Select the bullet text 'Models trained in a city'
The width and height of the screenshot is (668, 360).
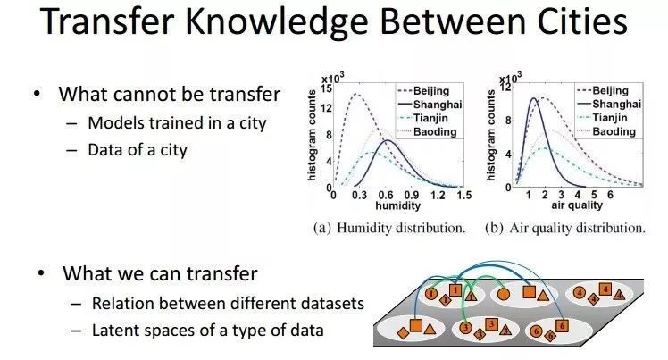click(177, 123)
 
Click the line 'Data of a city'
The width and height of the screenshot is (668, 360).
click(138, 150)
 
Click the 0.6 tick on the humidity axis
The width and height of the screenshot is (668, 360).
click(386, 195)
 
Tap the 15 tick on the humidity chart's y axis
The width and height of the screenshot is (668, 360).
click(326, 88)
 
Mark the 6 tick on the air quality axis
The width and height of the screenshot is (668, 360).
click(610, 195)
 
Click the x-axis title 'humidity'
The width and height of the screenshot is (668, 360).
click(397, 205)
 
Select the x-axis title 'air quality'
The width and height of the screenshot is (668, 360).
click(577, 205)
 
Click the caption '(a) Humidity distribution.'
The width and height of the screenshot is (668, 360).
click(389, 229)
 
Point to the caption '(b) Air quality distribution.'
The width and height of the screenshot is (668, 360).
click(565, 229)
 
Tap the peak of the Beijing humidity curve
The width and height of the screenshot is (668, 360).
click(355, 94)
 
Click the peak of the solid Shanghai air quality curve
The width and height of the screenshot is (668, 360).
click(533, 98)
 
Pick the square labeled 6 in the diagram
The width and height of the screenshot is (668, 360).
click(563, 326)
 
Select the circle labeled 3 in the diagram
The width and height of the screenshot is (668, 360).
click(466, 328)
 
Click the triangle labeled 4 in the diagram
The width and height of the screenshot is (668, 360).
click(620, 295)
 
